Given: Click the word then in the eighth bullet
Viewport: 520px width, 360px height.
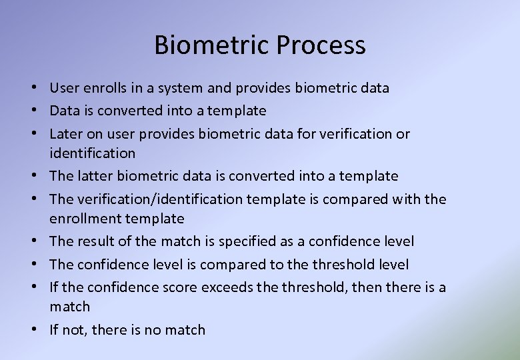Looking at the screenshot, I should pos(350,287).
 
